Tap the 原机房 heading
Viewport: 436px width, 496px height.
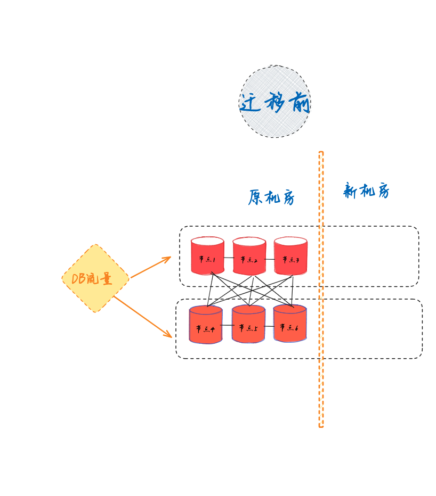[x=271, y=197]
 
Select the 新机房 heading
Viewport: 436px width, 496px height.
[x=366, y=191]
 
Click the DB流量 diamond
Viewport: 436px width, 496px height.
[x=95, y=278]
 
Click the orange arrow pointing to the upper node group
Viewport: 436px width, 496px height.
[x=151, y=268]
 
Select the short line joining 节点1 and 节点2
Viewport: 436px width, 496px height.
[x=228, y=258]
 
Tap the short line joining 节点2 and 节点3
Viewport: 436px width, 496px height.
[x=270, y=259]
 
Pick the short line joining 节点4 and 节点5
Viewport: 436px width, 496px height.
[x=227, y=325]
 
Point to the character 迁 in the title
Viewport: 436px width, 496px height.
[x=250, y=103]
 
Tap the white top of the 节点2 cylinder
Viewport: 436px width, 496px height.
[x=249, y=242]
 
